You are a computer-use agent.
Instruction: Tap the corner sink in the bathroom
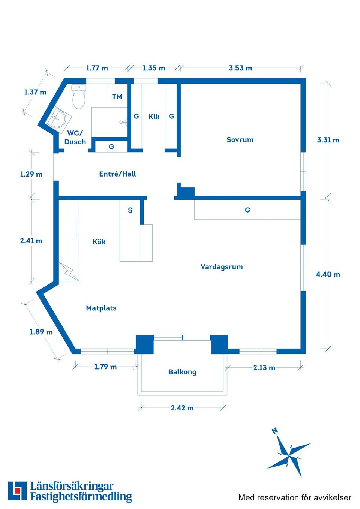(x=57, y=118)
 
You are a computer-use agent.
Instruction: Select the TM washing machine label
(x=117, y=97)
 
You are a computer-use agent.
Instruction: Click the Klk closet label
(x=154, y=117)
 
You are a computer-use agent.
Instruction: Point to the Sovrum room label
(x=240, y=140)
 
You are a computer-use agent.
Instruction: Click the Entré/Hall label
(x=117, y=174)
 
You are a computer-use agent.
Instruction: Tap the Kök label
(x=99, y=242)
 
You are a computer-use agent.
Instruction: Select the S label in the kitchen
(x=130, y=210)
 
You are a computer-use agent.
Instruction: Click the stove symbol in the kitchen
(x=69, y=272)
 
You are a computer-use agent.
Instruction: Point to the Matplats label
(x=101, y=308)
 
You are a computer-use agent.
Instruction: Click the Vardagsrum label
(x=222, y=267)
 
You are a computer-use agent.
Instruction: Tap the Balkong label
(x=182, y=372)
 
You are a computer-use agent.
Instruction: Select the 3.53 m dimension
(x=240, y=68)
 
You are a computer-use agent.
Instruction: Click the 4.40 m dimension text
(x=328, y=274)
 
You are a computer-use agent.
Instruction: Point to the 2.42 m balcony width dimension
(x=182, y=408)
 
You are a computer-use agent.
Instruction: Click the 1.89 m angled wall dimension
(x=41, y=332)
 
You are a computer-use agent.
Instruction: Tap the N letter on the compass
(x=275, y=431)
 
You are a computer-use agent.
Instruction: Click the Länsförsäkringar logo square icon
(x=17, y=491)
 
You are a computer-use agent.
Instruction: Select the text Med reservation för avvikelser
(x=295, y=497)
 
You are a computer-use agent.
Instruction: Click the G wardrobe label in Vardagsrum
(x=247, y=210)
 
